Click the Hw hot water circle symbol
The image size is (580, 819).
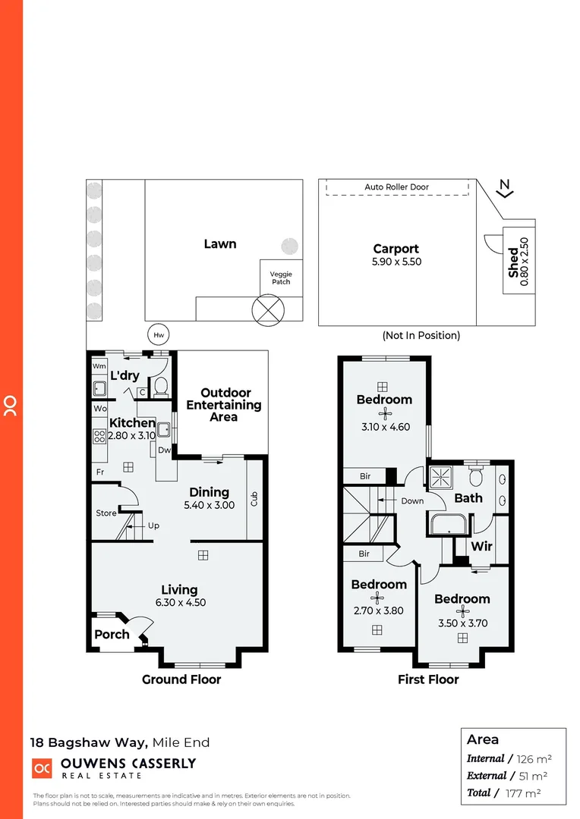point(159,334)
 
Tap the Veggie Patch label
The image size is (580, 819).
point(280,278)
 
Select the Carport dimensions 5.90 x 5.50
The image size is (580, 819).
point(396,262)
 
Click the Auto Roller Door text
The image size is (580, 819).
point(396,187)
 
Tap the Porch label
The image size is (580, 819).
point(112,634)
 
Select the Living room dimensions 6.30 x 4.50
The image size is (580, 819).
point(179,603)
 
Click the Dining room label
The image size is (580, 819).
point(209,492)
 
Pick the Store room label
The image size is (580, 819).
point(106,513)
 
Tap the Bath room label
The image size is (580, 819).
point(468,498)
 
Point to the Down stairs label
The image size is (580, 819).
point(413,501)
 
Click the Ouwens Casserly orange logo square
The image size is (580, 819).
point(41,767)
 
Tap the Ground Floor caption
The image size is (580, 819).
point(181,679)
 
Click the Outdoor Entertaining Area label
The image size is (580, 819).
point(225,405)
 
